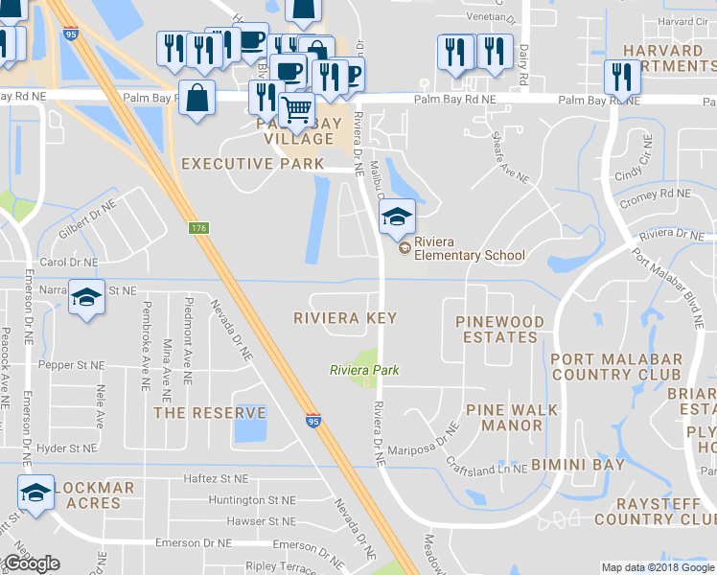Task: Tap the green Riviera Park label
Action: pos(363,370)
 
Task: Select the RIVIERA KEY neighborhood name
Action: pos(345,317)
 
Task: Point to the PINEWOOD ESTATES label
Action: pos(499,329)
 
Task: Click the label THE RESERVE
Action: pos(210,413)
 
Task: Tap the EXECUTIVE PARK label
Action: pos(253,164)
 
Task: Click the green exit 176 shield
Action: pos(198,227)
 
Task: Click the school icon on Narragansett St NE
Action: pos(86,297)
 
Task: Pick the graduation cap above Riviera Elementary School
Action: pos(396,216)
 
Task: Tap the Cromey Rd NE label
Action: pos(656,194)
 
